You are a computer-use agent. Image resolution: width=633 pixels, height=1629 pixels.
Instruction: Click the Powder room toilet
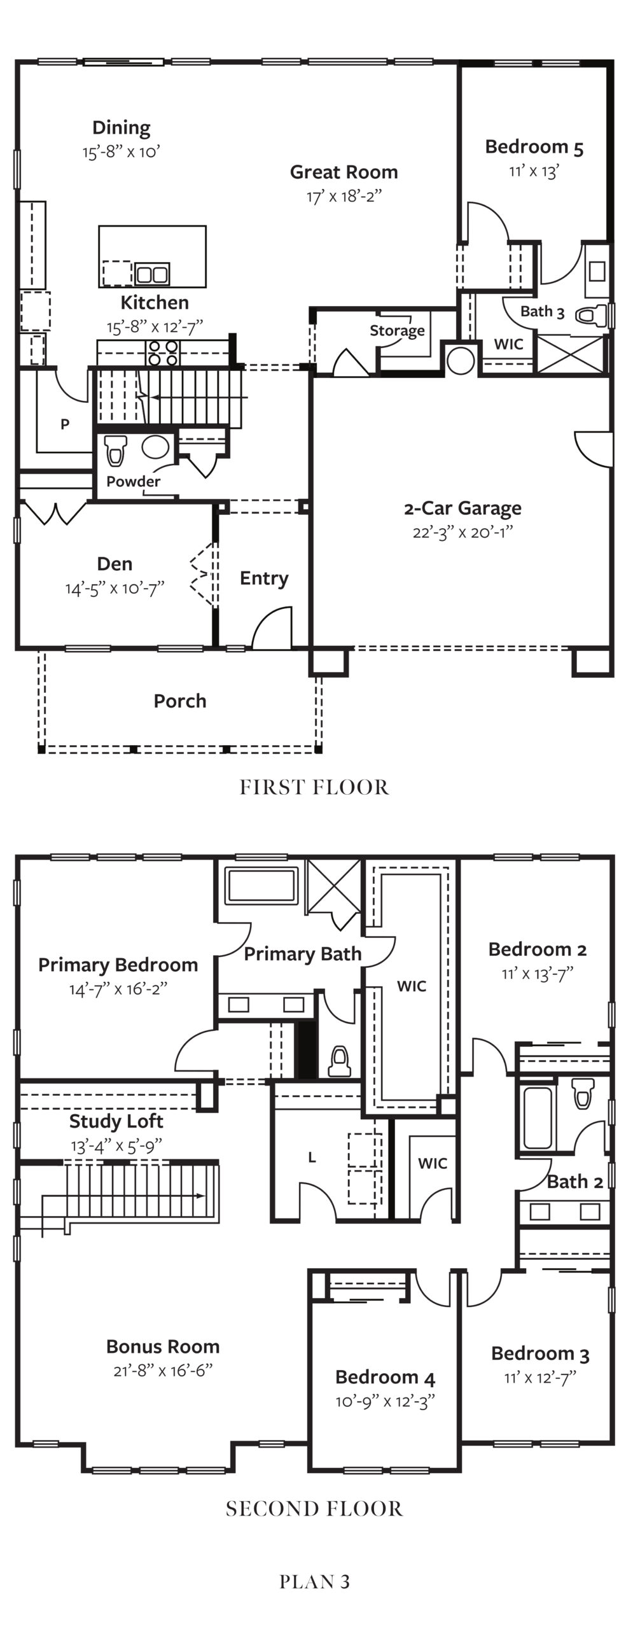(115, 451)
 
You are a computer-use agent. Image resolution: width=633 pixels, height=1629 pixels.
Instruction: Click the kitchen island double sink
(151, 274)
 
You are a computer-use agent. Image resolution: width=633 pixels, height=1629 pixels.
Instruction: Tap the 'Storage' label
(397, 330)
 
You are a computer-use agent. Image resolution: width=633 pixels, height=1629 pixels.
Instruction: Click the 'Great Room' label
(344, 172)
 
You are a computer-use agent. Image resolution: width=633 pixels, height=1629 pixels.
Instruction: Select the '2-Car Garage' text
(463, 508)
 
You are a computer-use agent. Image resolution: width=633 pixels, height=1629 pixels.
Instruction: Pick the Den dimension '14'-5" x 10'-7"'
(115, 589)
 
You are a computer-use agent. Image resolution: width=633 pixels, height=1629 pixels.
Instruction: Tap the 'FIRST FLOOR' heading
(315, 788)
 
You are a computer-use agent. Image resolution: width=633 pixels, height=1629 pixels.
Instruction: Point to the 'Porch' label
(180, 701)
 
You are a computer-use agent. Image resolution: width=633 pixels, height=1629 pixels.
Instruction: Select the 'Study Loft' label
(116, 1121)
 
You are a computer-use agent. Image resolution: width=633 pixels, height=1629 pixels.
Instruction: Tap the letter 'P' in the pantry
(65, 424)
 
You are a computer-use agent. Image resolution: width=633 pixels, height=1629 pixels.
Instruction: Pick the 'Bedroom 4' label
(386, 1377)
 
